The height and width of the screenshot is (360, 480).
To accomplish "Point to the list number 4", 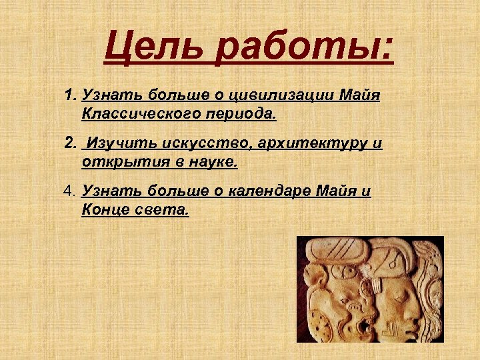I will tap(71, 192).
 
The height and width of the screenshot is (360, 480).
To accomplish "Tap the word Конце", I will tap(103, 210).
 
